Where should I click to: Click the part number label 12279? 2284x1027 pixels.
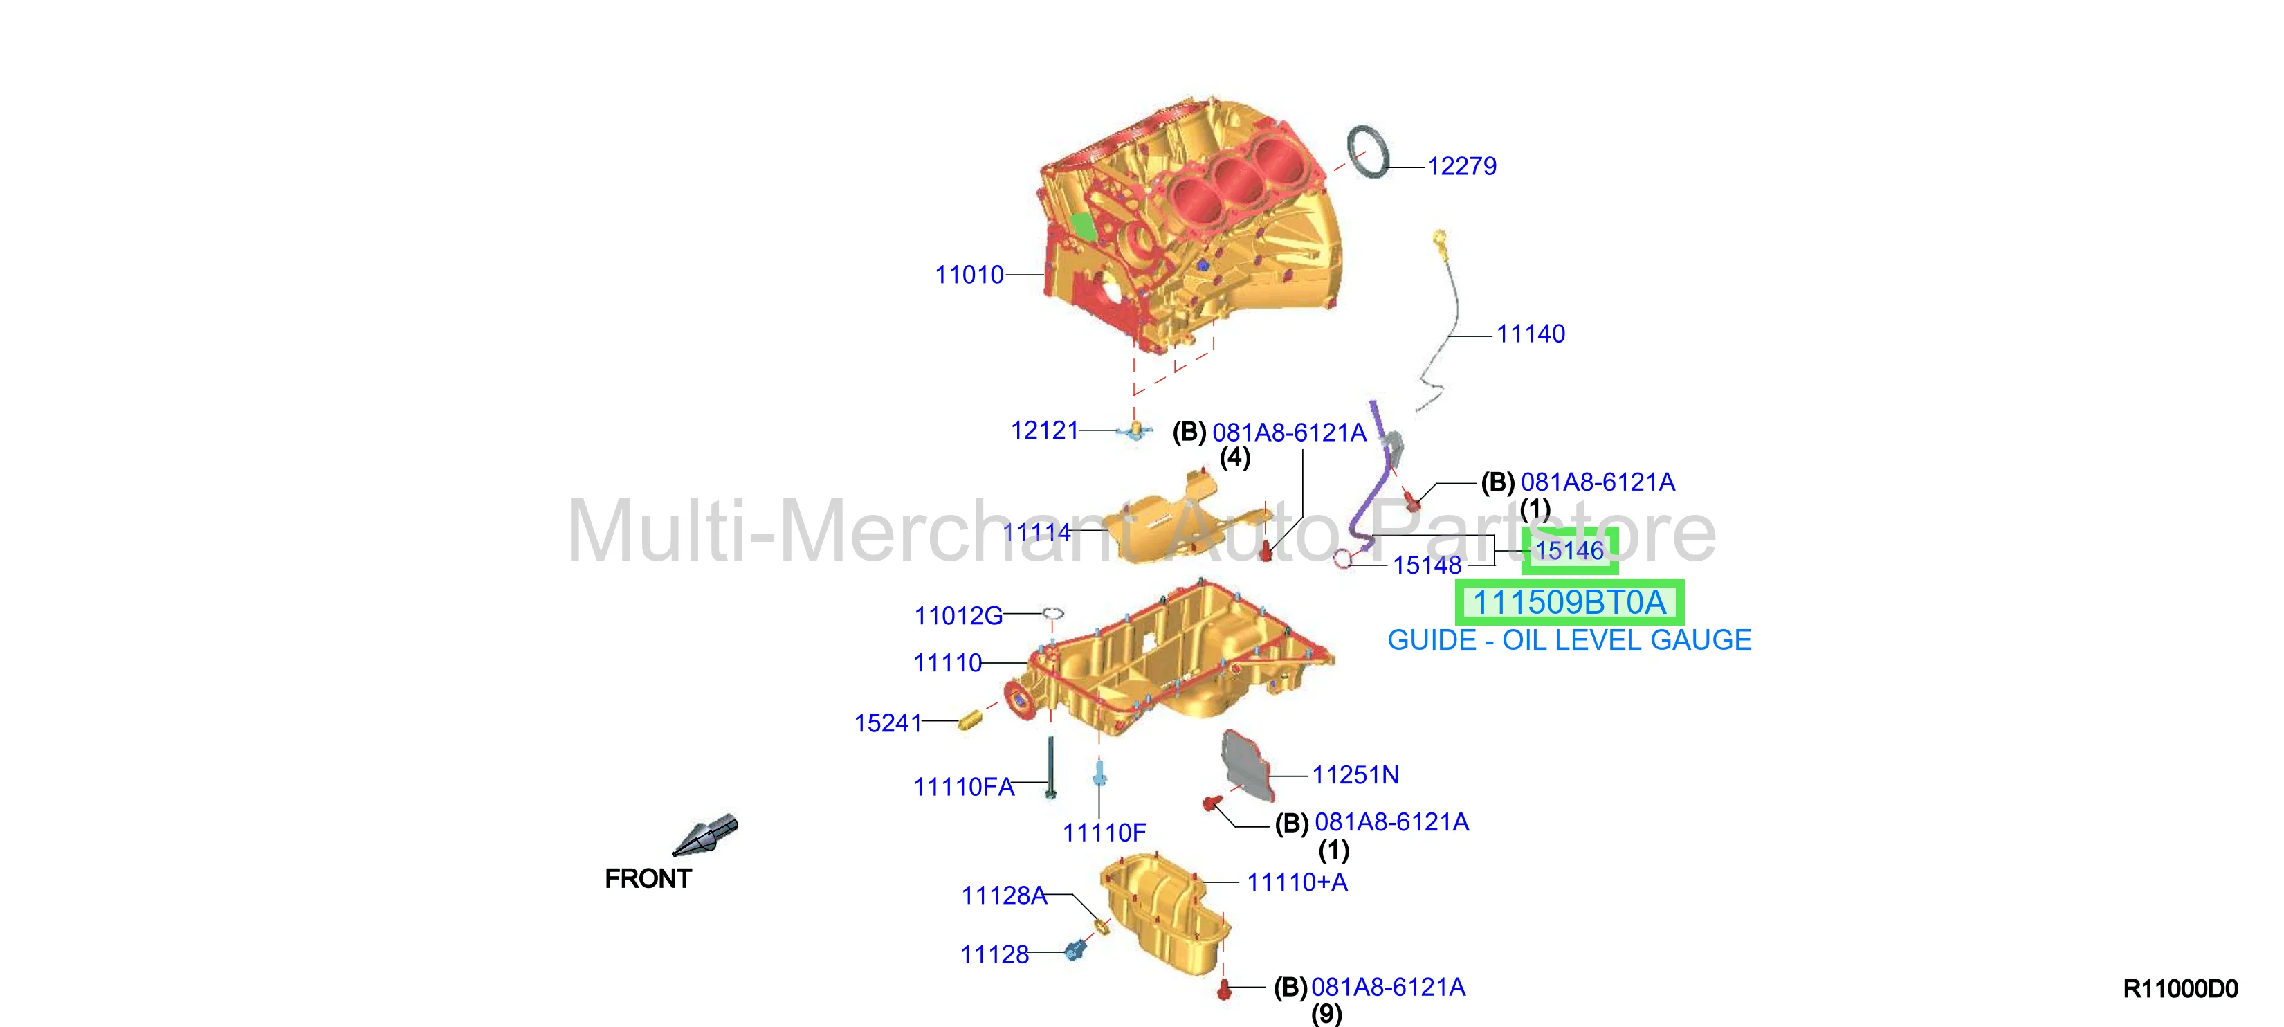coord(1461,166)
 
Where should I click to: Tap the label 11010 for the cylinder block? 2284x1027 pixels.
coord(969,275)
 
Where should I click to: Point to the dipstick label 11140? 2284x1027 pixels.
coord(1531,334)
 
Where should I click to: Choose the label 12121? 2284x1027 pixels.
coord(1045,430)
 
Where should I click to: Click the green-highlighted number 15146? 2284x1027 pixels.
coord(1569,551)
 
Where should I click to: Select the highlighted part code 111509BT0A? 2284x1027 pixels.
coord(1569,602)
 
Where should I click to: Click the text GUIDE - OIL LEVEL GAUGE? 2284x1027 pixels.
coord(1569,639)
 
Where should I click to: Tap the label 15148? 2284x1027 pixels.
coord(1427,565)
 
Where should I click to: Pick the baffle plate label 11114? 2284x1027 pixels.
coord(1036,532)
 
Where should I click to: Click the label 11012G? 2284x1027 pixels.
coord(958,615)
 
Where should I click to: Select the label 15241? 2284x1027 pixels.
coord(888,722)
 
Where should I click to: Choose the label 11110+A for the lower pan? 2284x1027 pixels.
coord(1297,882)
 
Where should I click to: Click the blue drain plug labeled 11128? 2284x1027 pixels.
coord(1075,951)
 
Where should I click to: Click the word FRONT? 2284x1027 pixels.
coord(648,879)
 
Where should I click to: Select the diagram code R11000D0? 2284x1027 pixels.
coord(2180,989)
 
